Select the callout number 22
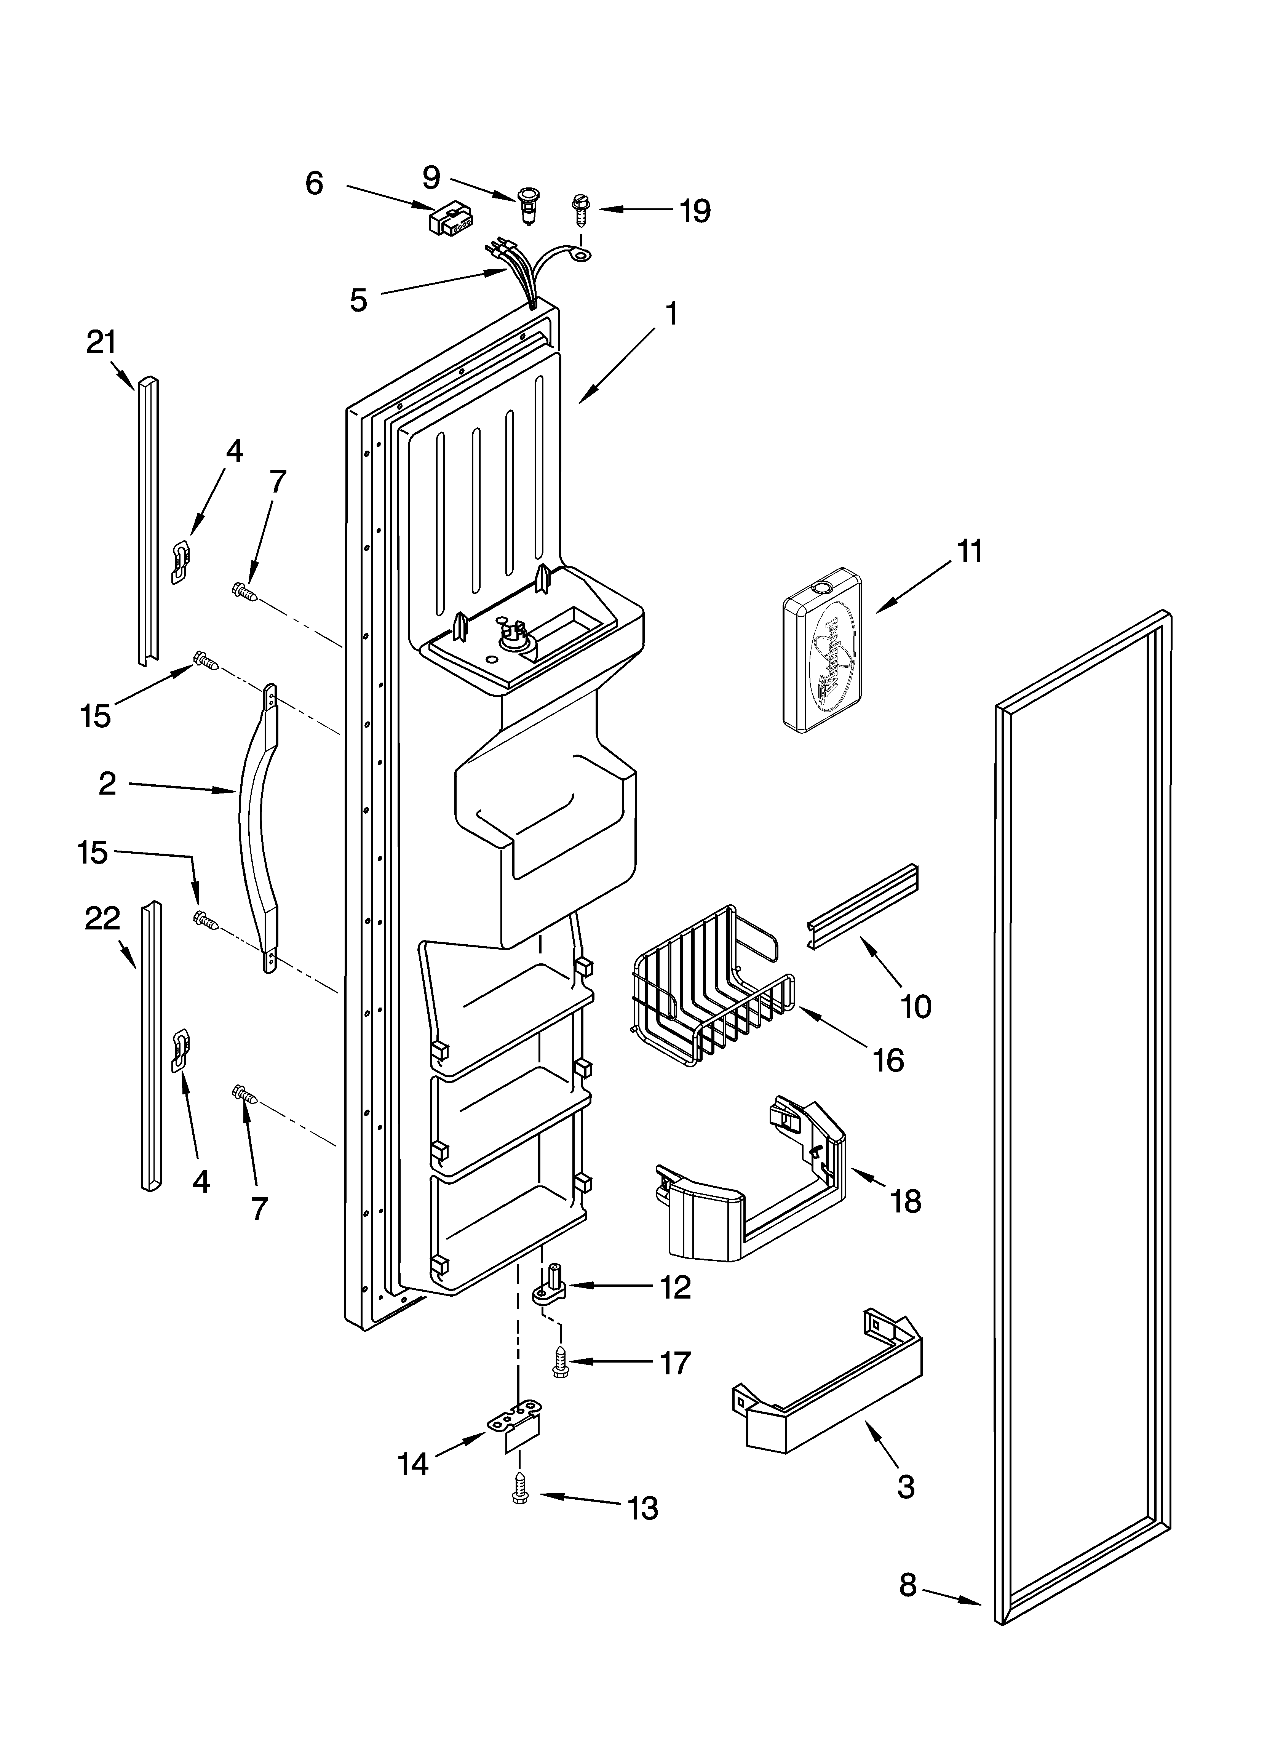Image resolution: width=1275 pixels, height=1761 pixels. coord(102,918)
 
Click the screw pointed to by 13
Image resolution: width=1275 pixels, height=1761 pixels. coord(519,1497)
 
